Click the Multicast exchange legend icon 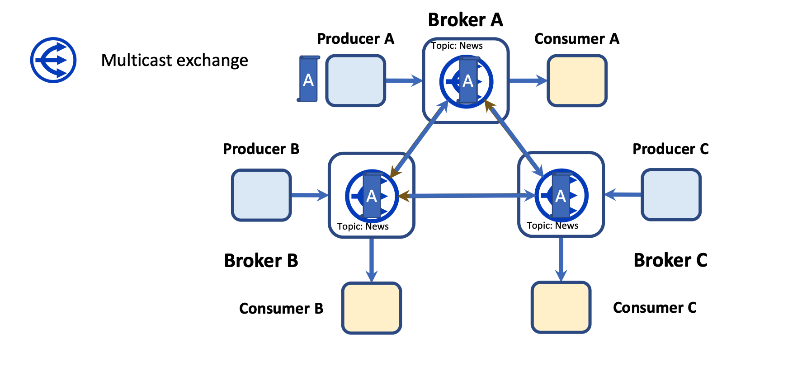[x=53, y=60]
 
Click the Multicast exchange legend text [x=175, y=60]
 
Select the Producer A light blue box [x=355, y=80]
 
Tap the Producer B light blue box [x=261, y=195]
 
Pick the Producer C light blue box [x=671, y=195]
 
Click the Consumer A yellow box [x=577, y=80]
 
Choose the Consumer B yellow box [x=372, y=308]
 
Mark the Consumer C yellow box [x=561, y=307]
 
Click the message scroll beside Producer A [x=308, y=79]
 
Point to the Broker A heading [x=465, y=20]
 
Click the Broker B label [x=261, y=261]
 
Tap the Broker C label [x=670, y=260]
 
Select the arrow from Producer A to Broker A [x=403, y=81]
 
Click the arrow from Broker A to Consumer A [x=528, y=81]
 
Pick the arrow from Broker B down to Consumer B [x=372, y=259]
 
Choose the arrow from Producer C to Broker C [x=623, y=195]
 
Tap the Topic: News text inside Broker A [x=457, y=46]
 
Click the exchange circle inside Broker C [x=561, y=196]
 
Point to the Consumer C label [x=654, y=308]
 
